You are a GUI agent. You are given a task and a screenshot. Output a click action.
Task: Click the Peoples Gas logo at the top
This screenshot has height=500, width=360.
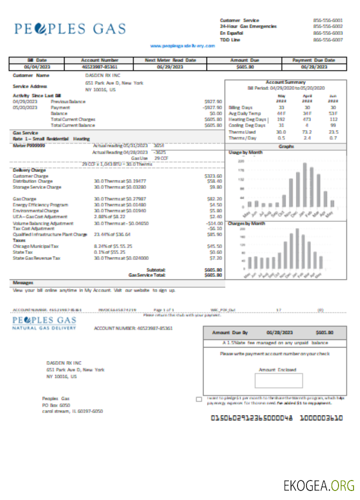pos(70,29)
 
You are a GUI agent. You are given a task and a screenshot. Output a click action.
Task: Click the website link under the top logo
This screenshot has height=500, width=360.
pos(182,45)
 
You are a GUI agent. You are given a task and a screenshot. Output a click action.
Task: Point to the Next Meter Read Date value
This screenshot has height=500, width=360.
pos(170,66)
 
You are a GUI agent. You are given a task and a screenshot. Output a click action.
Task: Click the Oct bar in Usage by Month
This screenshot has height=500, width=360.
pos(284,200)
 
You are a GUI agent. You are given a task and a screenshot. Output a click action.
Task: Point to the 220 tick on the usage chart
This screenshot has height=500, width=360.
pos(240,161)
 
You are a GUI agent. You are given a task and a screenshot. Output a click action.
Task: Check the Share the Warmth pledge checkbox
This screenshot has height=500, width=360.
pos(199,399)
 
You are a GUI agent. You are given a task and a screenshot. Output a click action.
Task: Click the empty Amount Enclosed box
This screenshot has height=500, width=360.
pos(278,380)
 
